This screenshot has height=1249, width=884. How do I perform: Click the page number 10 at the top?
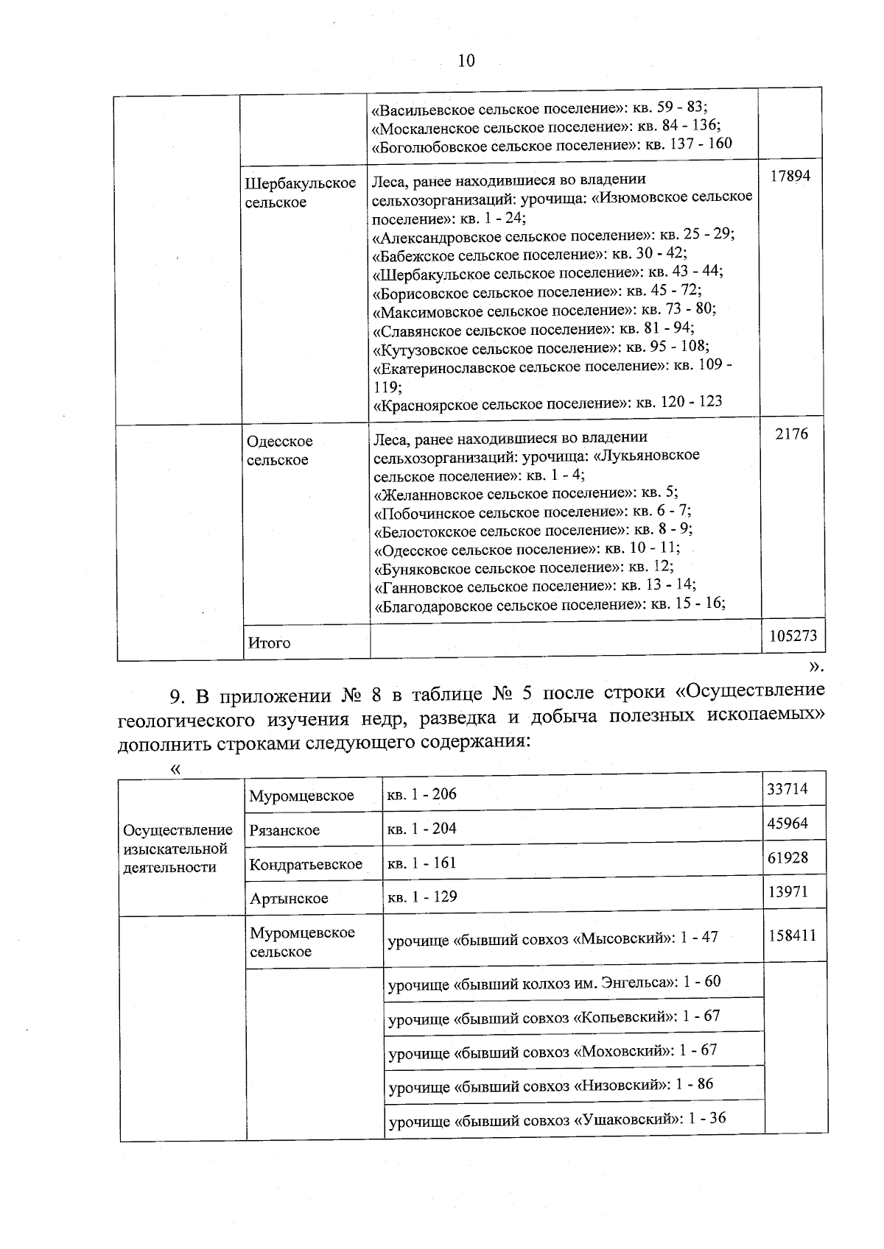click(466, 60)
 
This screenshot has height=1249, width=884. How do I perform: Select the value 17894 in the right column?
click(790, 177)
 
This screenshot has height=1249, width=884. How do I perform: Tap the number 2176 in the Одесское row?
click(792, 434)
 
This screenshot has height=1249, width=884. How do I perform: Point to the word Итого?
click(269, 643)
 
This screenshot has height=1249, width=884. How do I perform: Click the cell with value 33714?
click(787, 789)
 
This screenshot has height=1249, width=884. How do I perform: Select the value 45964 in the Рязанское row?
click(787, 823)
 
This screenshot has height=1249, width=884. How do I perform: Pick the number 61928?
click(787, 857)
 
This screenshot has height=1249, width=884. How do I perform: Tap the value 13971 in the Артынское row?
click(787, 891)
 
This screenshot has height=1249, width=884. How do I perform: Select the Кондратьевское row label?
click(306, 864)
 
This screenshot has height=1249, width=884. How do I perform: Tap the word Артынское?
click(289, 898)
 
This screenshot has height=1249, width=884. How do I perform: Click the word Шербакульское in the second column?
click(300, 183)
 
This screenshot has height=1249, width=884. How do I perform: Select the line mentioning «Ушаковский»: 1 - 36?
click(557, 1119)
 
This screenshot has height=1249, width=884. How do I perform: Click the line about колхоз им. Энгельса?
click(554, 982)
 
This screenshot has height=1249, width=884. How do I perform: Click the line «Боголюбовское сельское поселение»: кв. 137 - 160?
click(552, 144)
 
